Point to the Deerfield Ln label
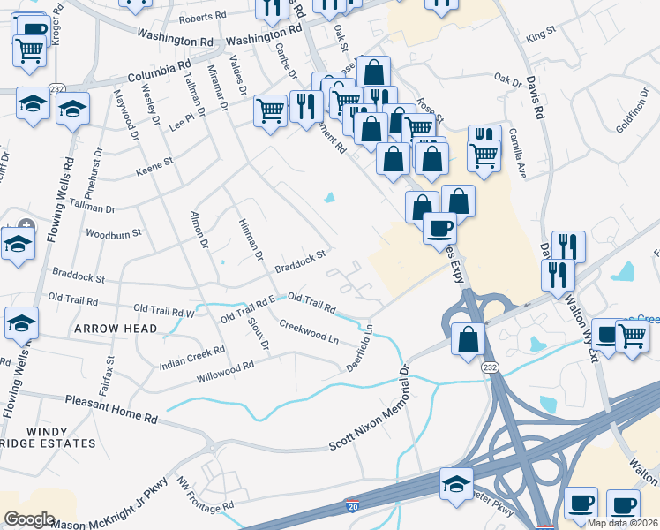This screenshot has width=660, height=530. tap(361, 349)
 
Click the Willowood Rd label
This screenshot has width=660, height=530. tap(225, 371)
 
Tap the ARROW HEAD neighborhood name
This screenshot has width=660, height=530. tap(116, 329)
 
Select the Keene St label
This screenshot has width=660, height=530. tap(154, 162)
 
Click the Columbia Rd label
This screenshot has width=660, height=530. tap(159, 72)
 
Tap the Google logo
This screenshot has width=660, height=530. tap(30, 519)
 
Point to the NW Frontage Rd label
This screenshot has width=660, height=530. tap(204, 495)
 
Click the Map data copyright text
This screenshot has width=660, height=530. tap(623, 523)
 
